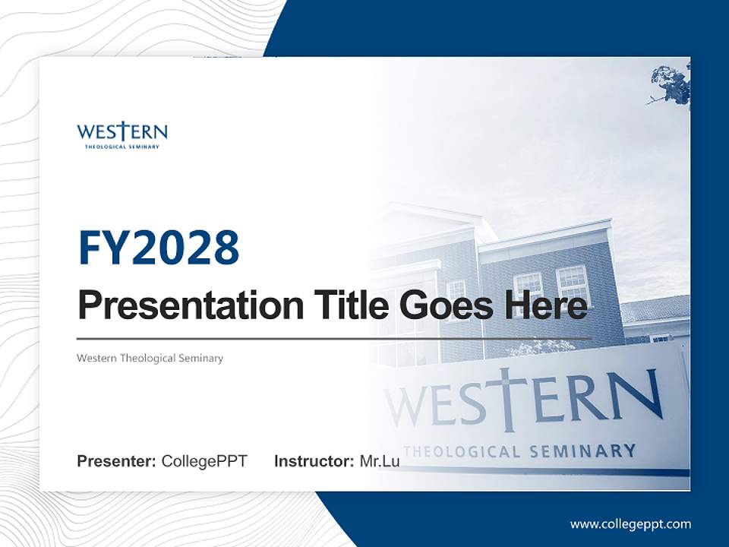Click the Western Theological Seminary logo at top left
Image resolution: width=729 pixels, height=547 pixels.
(x=121, y=134)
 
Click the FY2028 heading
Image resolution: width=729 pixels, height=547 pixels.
(x=159, y=247)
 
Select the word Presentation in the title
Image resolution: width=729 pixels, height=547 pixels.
(x=188, y=305)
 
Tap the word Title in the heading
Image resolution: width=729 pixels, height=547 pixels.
(x=346, y=305)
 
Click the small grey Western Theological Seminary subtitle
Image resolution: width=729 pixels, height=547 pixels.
(x=150, y=358)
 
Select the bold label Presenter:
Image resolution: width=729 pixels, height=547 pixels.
(x=117, y=461)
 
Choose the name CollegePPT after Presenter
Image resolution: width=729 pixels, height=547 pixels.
(x=204, y=461)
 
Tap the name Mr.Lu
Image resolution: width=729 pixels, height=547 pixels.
(x=380, y=461)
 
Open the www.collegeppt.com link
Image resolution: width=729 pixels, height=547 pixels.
(x=630, y=523)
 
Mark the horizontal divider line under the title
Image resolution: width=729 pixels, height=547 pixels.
(x=334, y=338)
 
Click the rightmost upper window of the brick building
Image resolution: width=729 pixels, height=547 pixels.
(x=573, y=283)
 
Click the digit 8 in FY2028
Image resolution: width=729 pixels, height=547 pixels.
(x=226, y=247)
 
